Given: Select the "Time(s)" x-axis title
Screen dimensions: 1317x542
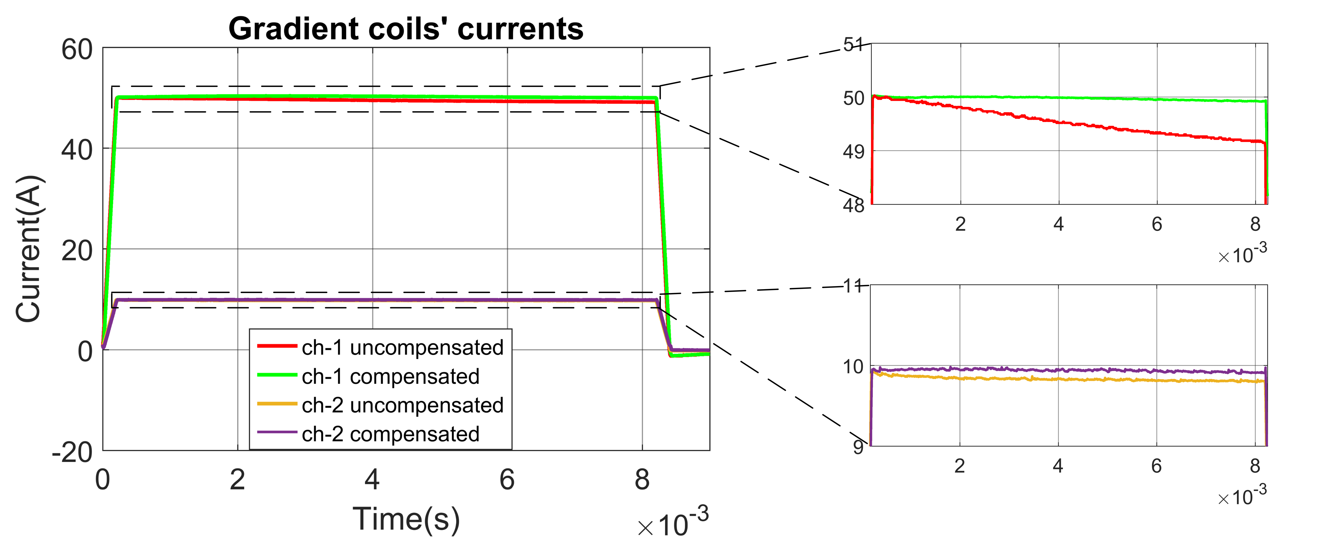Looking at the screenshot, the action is [x=407, y=519].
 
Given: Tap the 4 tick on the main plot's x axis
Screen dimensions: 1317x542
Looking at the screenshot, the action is [x=372, y=480].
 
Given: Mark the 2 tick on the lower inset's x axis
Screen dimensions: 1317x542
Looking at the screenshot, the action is [x=960, y=466].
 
